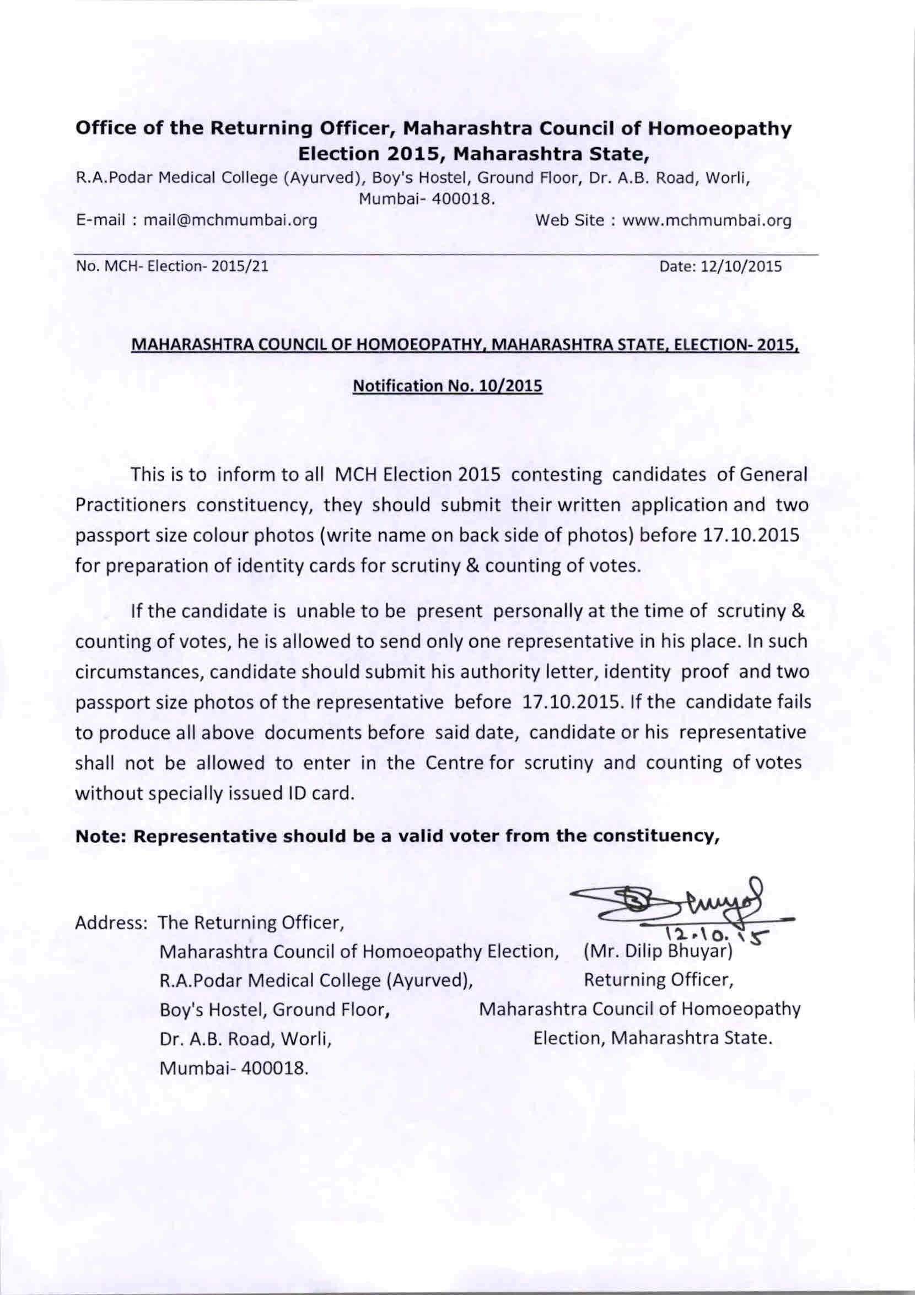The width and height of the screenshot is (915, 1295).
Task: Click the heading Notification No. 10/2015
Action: (x=448, y=386)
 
